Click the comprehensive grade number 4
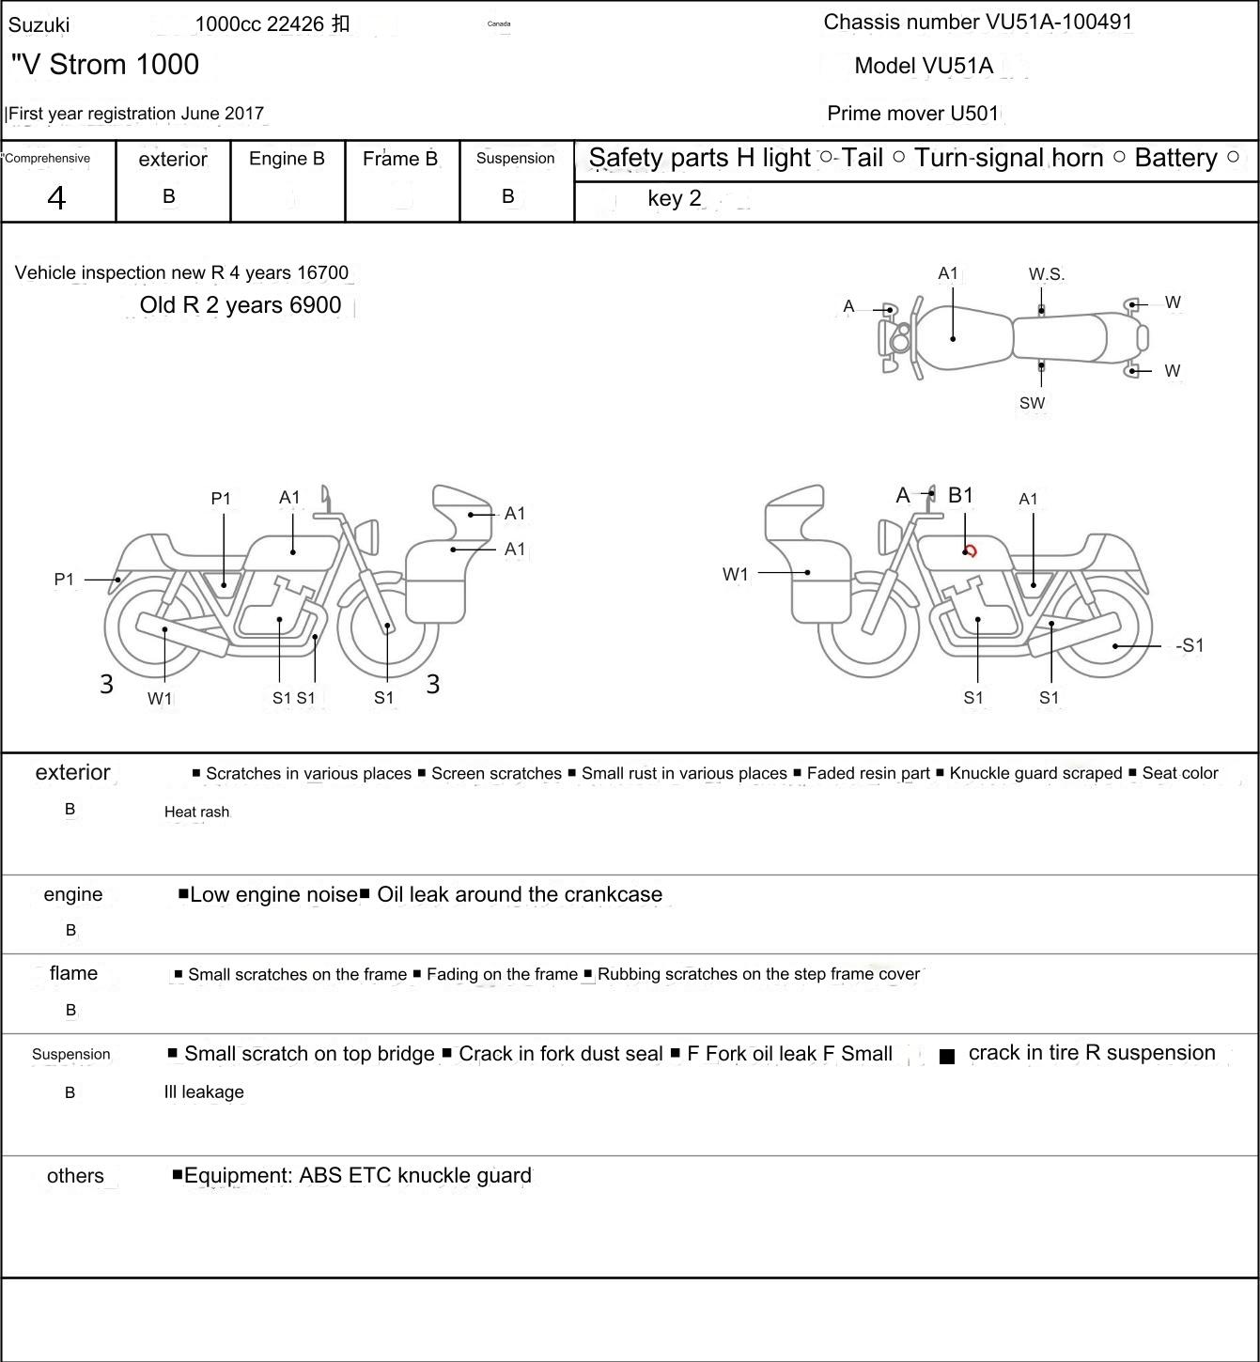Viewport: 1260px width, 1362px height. click(56, 198)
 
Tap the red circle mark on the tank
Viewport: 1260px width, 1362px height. click(971, 551)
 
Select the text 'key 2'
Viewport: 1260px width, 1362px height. click(674, 198)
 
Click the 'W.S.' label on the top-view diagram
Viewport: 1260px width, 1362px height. click(1046, 274)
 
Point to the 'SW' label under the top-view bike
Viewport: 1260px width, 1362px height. click(1032, 403)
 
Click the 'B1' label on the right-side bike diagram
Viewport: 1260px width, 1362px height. click(960, 495)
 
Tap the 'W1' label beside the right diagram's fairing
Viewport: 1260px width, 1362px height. click(736, 574)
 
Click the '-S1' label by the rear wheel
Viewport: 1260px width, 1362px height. click(1189, 645)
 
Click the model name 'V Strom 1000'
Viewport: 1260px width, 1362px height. click(105, 65)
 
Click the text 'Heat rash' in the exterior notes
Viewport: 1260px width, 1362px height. click(196, 812)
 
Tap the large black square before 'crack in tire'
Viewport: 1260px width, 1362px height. click(947, 1056)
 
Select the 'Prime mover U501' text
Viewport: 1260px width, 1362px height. click(912, 114)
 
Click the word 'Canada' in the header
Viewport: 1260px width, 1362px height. click(499, 23)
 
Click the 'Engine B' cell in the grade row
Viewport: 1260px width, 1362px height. click(287, 159)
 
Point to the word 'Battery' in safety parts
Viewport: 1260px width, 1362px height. click(1175, 158)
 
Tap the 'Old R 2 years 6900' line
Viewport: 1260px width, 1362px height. click(241, 305)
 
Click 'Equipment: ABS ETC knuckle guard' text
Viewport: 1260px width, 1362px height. click(357, 1175)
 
